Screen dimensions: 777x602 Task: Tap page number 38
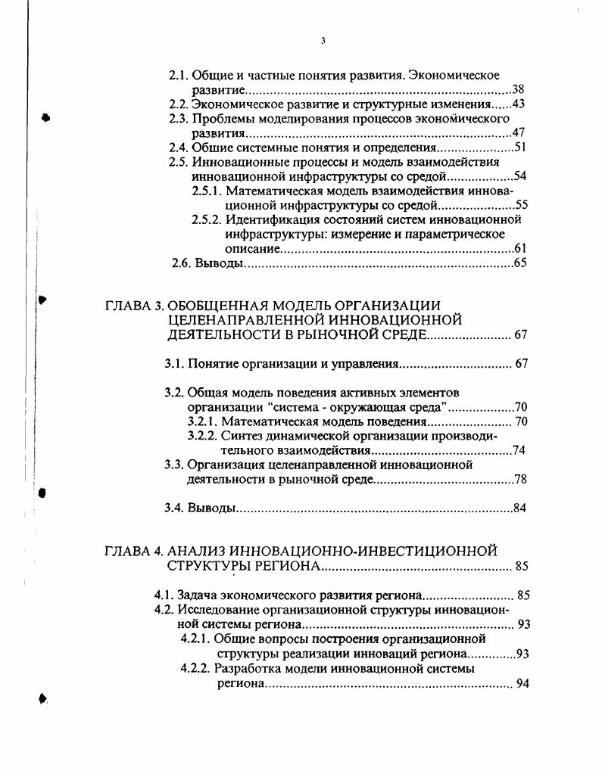[x=519, y=89]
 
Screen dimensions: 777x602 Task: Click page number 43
[x=519, y=104]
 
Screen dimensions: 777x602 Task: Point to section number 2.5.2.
[x=207, y=219]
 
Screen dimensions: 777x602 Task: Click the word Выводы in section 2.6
[x=219, y=263]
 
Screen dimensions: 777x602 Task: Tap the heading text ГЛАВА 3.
[x=133, y=306]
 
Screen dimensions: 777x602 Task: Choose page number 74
[x=519, y=450]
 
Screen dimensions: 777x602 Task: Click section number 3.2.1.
[x=202, y=421]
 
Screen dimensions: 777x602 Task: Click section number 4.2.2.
[x=195, y=669]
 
